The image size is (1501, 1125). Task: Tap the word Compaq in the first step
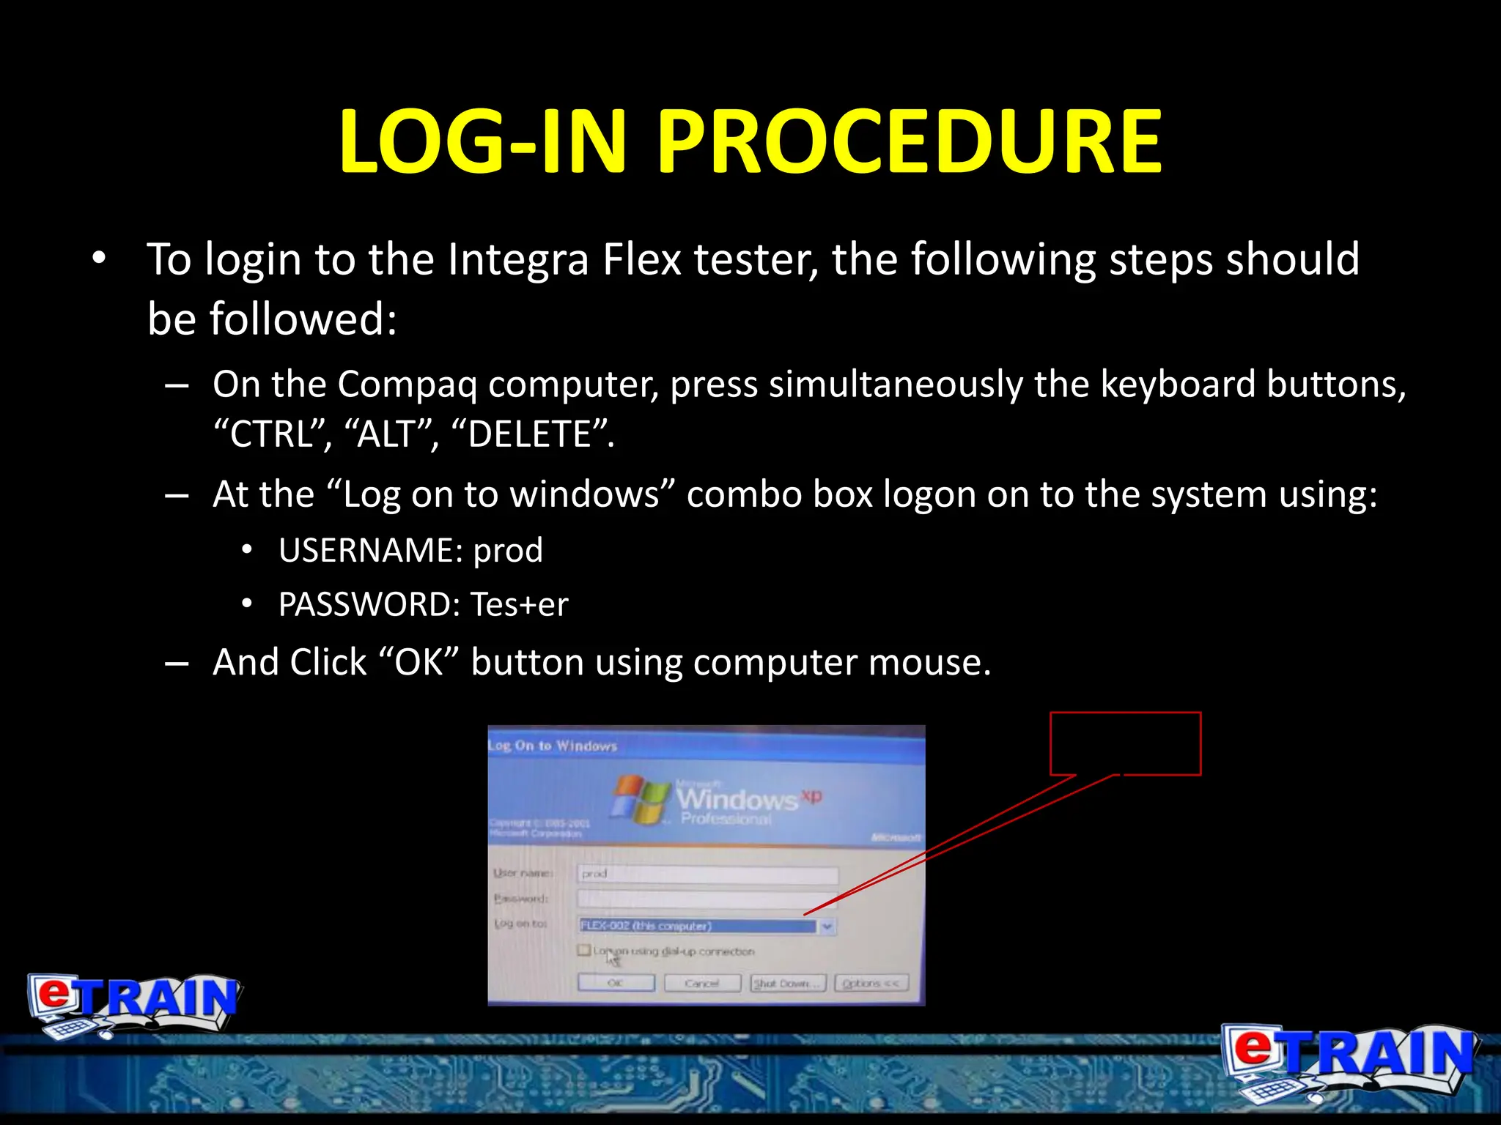[406, 384]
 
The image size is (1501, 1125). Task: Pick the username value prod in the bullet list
[508, 550]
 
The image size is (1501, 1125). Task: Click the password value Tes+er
[519, 604]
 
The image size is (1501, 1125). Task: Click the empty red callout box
[1125, 743]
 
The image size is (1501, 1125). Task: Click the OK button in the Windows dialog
[616, 983]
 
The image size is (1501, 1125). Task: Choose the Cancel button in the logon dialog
[702, 983]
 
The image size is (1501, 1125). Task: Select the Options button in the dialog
[871, 983]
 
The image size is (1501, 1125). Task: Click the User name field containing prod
[707, 874]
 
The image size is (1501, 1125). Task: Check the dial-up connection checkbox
[584, 950]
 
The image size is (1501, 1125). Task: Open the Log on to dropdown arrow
[827, 927]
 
